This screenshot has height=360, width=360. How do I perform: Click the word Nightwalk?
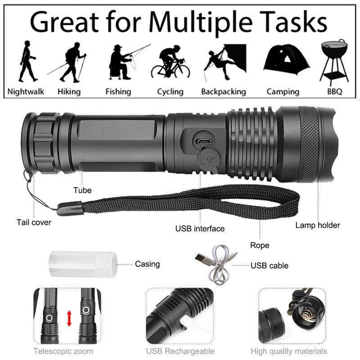coord(26,92)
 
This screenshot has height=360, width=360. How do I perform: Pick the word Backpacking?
coord(224,92)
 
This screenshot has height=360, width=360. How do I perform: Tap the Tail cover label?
coord(34,222)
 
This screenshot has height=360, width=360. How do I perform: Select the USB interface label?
coord(200,229)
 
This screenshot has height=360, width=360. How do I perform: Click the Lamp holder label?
coord(318,225)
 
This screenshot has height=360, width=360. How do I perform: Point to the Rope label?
coord(260,245)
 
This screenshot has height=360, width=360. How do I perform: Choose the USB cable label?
coord(270,265)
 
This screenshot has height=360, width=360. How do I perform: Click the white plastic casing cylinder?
coord(82,264)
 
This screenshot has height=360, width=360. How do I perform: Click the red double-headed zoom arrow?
coord(69,318)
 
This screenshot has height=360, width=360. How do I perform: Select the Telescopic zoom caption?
coord(63,351)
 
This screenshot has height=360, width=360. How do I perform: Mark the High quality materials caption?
coord(289,351)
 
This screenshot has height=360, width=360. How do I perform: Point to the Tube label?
coord(82,190)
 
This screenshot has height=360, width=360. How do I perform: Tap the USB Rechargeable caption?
coord(180,351)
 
